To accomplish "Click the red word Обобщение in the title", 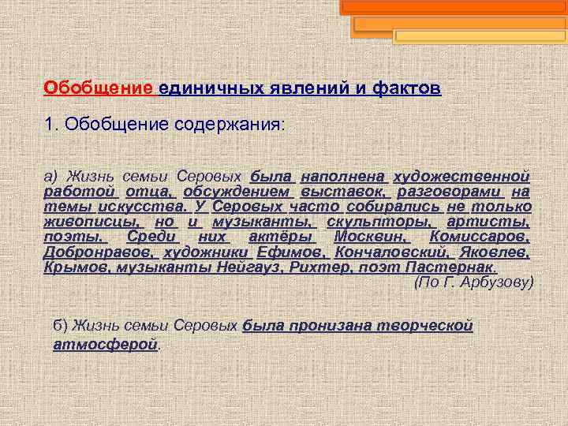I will [98, 88].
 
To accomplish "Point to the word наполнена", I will [343, 176].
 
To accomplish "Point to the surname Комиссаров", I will [480, 237].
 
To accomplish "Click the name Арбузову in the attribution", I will [498, 282].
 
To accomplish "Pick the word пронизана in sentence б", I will [305, 325].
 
